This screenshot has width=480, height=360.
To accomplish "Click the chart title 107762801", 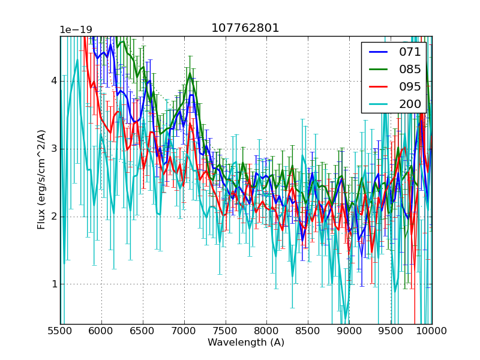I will (x=245, y=28).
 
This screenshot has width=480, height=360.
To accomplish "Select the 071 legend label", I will (x=410, y=52).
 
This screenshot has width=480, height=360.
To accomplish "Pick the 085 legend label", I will (x=410, y=70).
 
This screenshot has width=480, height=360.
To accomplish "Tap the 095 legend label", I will (x=410, y=87).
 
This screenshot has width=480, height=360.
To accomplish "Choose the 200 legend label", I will (x=410, y=104).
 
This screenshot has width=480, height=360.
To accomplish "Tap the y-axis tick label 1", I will (x=53, y=284).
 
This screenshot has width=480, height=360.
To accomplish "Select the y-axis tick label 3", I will (x=53, y=149).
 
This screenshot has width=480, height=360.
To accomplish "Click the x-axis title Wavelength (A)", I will (x=246, y=343).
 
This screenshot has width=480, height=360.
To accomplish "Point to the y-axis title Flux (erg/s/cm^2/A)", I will (x=41, y=180).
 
